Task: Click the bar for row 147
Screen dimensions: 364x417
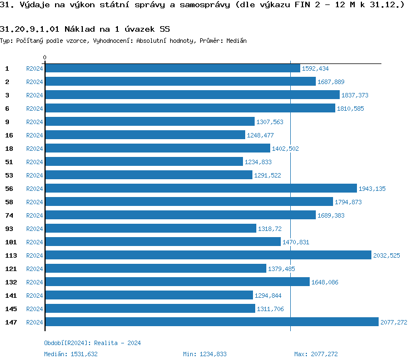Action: (x=211, y=322)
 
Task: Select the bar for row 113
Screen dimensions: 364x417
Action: (x=208, y=255)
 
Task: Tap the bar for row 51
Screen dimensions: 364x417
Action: (x=144, y=161)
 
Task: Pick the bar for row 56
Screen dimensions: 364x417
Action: (x=201, y=188)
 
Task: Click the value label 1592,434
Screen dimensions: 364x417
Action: (x=315, y=68)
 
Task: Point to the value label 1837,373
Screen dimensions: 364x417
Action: (x=354, y=95)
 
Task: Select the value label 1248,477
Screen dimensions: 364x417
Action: (x=260, y=135)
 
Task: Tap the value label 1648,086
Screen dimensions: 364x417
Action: (x=324, y=282)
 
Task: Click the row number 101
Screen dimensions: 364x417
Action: (x=11, y=242)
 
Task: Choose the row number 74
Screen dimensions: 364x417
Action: (x=9, y=215)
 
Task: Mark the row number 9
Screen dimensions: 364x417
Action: (x=7, y=122)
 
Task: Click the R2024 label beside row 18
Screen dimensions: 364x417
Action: (x=34, y=149)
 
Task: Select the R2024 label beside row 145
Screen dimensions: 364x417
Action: (x=34, y=309)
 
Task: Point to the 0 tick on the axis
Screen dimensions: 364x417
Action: (x=45, y=58)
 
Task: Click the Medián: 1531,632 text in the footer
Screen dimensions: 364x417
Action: (x=71, y=354)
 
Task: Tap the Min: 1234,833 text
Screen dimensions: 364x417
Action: (x=205, y=354)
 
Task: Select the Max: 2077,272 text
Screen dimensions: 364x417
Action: (x=316, y=354)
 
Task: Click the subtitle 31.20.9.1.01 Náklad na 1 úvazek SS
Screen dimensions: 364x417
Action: (x=85, y=28)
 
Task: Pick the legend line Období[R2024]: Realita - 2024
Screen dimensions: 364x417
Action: (x=92, y=343)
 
